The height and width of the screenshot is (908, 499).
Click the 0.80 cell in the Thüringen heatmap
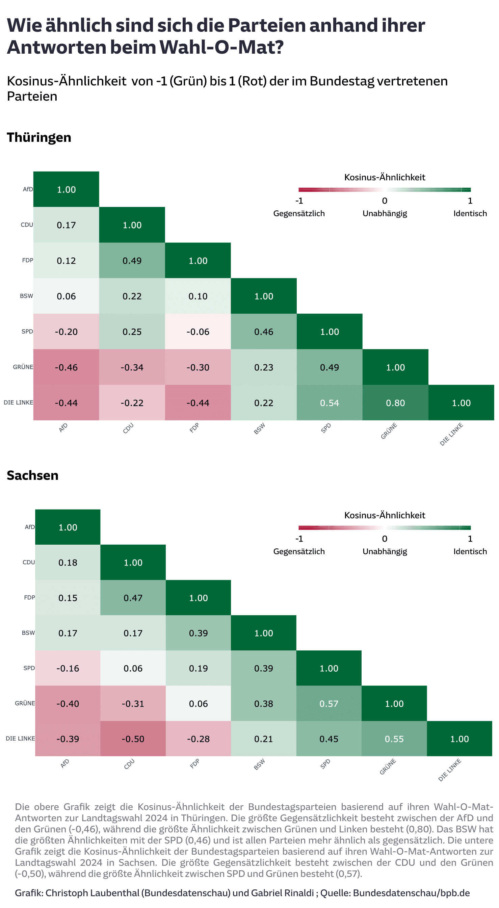tap(395, 403)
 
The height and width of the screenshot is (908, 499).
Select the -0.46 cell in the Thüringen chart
tap(66, 367)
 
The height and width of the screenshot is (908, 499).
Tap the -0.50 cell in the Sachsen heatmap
tap(133, 738)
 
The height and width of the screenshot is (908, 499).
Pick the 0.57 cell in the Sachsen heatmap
tap(329, 703)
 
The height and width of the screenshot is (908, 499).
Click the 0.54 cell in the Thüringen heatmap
tap(329, 403)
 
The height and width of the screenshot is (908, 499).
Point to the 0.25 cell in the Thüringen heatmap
tap(132, 331)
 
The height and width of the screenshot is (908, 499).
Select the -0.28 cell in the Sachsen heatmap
tap(198, 738)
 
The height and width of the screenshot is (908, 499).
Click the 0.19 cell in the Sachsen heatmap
tap(198, 668)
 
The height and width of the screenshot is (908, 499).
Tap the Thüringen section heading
tap(39, 137)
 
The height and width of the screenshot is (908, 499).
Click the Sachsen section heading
tap(32, 475)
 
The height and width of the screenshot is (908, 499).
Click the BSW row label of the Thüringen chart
tap(26, 296)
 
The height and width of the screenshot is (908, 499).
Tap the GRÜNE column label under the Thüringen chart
tap(389, 431)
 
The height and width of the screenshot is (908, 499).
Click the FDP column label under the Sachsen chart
tap(194, 763)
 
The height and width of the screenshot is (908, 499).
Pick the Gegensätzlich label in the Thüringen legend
tap(299, 213)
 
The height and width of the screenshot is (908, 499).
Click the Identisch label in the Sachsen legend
tap(470, 551)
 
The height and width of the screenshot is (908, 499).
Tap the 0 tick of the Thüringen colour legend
tap(385, 201)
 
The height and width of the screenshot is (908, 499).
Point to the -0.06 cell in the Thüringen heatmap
tap(198, 331)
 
